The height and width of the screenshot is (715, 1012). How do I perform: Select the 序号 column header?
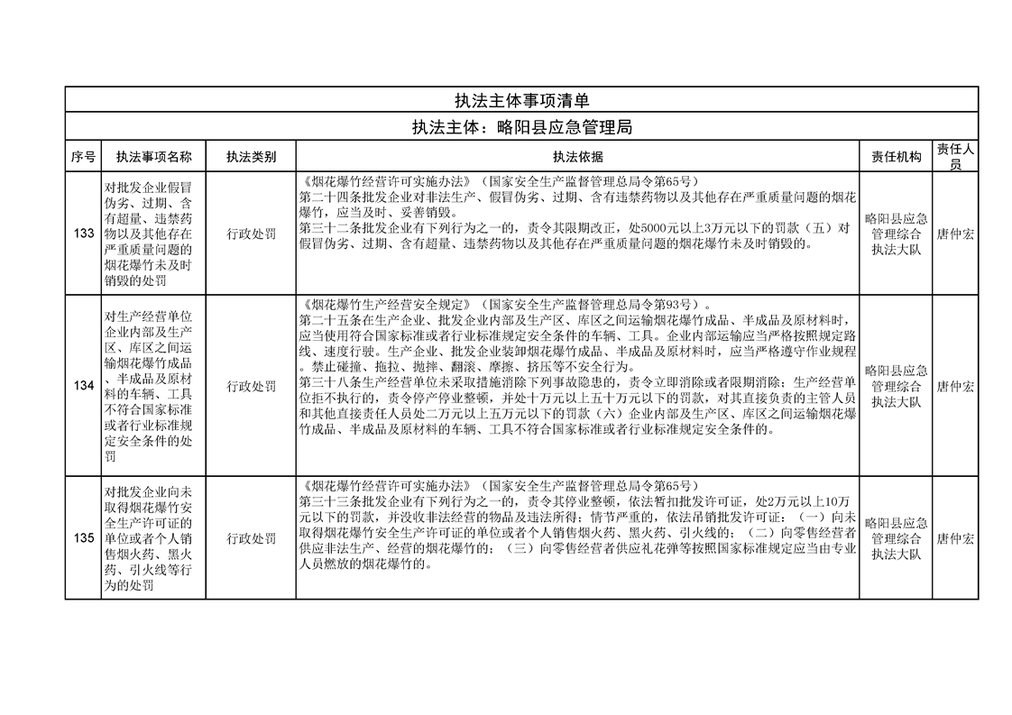(x=83, y=157)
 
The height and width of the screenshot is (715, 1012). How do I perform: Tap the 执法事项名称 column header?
(x=153, y=157)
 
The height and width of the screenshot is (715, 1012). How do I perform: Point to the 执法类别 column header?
(x=251, y=157)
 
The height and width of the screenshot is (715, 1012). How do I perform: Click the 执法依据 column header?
(x=577, y=157)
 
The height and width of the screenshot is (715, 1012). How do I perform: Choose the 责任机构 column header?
(x=896, y=157)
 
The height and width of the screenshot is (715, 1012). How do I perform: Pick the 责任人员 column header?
(x=955, y=157)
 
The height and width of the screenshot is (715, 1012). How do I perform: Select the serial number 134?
(x=83, y=386)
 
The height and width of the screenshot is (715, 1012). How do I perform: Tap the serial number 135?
(x=83, y=538)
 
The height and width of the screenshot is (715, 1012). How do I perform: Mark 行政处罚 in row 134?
(x=251, y=386)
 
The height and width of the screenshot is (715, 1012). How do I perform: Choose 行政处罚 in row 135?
(x=251, y=538)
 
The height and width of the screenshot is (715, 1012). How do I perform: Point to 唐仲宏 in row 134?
(x=955, y=386)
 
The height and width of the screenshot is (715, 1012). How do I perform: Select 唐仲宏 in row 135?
(x=955, y=538)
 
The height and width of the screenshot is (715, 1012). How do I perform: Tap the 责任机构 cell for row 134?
(x=896, y=386)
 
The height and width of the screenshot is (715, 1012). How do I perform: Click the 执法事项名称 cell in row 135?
(x=153, y=538)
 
